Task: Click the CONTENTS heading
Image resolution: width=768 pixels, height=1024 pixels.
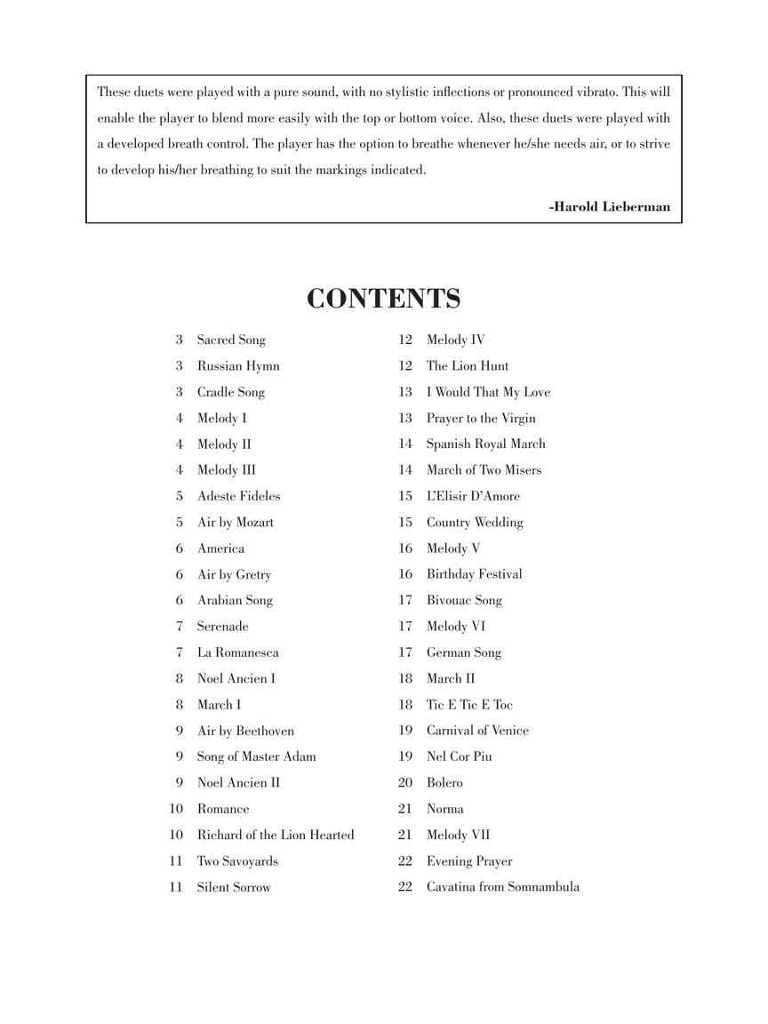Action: (x=383, y=299)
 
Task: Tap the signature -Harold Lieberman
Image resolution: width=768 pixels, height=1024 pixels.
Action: (x=610, y=207)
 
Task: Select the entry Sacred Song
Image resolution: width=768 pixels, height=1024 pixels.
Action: (x=231, y=340)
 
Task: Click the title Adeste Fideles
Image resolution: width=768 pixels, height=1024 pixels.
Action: (x=238, y=496)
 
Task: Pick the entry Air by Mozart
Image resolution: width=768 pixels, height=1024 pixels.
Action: (x=236, y=523)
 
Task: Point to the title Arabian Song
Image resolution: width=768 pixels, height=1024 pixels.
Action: (x=235, y=600)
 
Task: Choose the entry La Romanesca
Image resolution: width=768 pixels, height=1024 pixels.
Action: (x=237, y=652)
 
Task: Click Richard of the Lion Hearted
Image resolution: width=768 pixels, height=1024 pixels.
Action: (x=276, y=835)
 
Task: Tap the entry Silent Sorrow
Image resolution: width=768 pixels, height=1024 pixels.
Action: (x=234, y=887)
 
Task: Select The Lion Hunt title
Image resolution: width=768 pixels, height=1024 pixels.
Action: (x=468, y=365)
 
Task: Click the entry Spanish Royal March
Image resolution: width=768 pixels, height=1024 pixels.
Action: (x=486, y=444)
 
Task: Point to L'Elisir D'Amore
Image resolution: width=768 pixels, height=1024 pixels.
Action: (x=473, y=496)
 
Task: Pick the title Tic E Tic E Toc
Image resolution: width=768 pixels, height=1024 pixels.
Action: (x=469, y=705)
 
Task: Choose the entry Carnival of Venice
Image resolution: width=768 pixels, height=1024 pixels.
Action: (x=477, y=731)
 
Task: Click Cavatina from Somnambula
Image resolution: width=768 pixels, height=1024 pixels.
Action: (x=503, y=887)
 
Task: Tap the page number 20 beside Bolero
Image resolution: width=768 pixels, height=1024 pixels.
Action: (x=405, y=783)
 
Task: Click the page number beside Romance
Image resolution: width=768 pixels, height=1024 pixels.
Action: (x=176, y=809)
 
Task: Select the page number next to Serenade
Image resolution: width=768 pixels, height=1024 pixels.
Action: (x=180, y=627)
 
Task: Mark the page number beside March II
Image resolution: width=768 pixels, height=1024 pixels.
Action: (x=405, y=679)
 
